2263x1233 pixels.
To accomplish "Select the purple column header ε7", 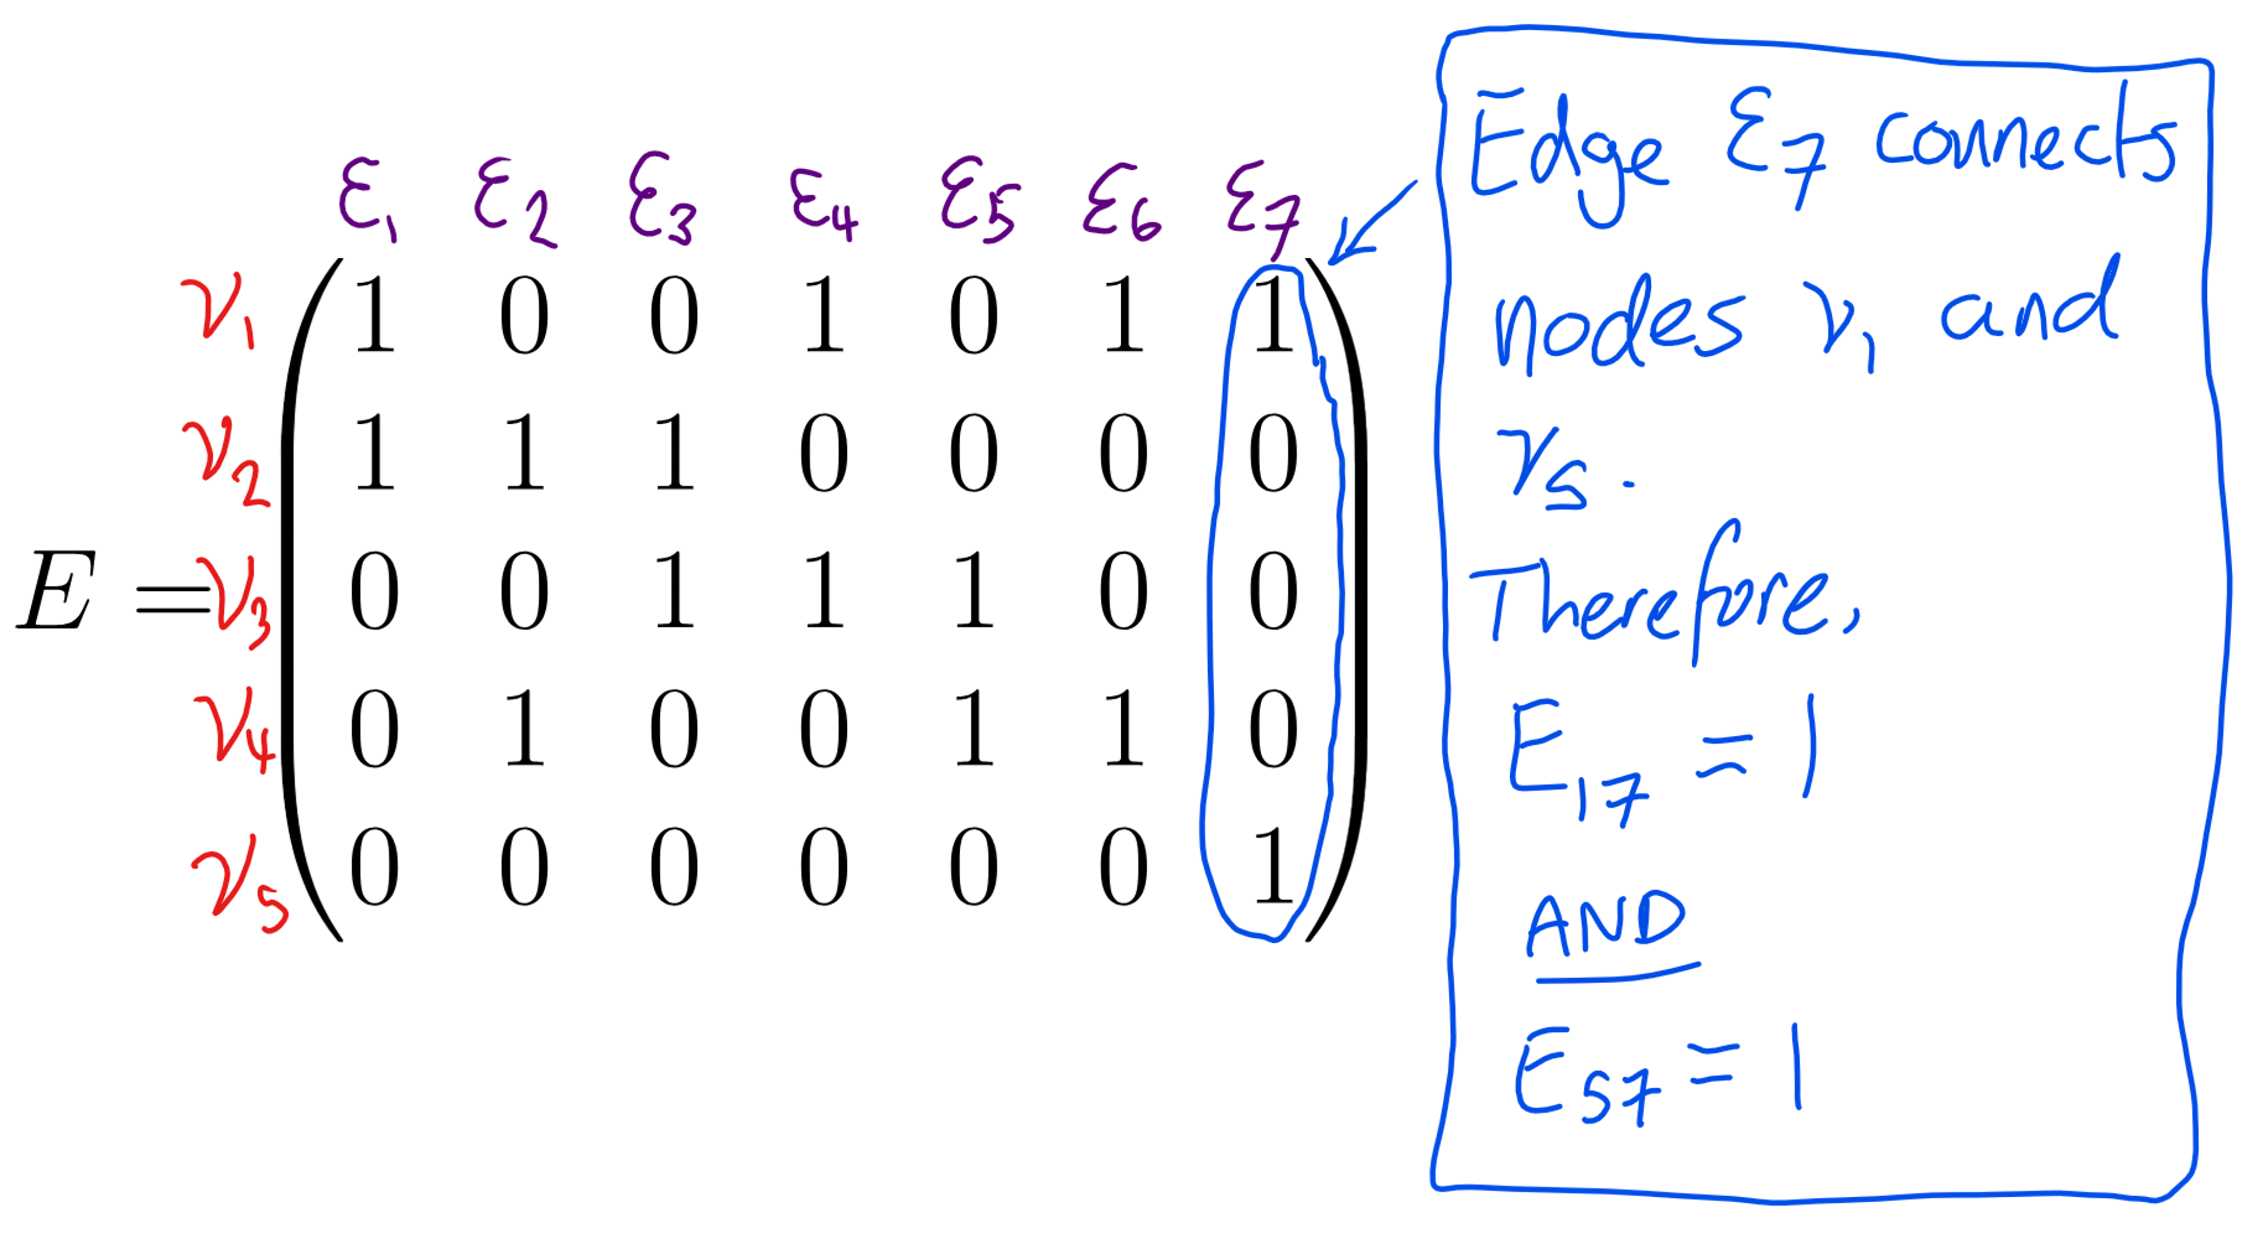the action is (1262, 206).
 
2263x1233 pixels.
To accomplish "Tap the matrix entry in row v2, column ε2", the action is (525, 452).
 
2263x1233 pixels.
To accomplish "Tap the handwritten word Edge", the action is (1568, 154).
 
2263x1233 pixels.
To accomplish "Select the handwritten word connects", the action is (2025, 141).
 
